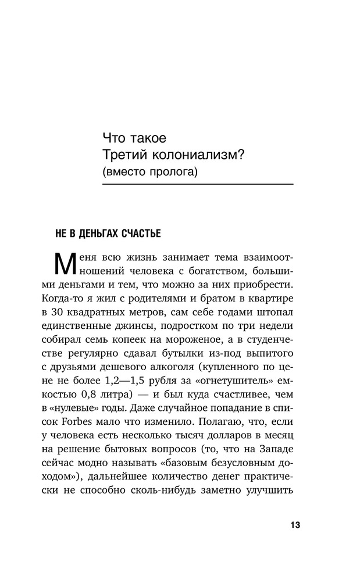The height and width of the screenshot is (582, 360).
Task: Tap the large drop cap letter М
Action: click(x=65, y=265)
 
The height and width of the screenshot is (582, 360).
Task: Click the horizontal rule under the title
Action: click(x=197, y=184)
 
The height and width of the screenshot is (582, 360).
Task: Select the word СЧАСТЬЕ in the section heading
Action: click(x=140, y=233)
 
